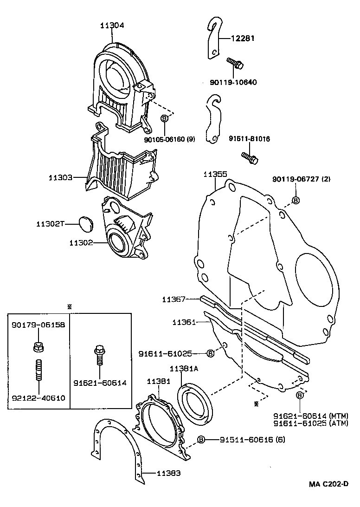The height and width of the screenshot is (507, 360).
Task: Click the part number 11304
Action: pyautogui.click(x=112, y=26)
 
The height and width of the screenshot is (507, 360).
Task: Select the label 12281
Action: pyautogui.click(x=243, y=39)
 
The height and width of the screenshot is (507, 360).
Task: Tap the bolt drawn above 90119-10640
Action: pyautogui.click(x=235, y=64)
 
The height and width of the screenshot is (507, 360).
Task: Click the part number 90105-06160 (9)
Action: pyautogui.click(x=169, y=139)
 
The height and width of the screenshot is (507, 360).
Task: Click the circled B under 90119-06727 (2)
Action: pyautogui.click(x=295, y=200)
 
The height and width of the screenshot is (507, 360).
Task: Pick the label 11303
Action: pyautogui.click(x=60, y=177)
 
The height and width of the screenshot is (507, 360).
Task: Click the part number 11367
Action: pyautogui.click(x=174, y=300)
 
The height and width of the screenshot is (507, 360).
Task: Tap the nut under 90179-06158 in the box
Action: pyautogui.click(x=37, y=346)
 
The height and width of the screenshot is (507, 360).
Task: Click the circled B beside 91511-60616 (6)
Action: pyautogui.click(x=201, y=439)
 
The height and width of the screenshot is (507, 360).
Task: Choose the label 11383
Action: pyautogui.click(x=168, y=474)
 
